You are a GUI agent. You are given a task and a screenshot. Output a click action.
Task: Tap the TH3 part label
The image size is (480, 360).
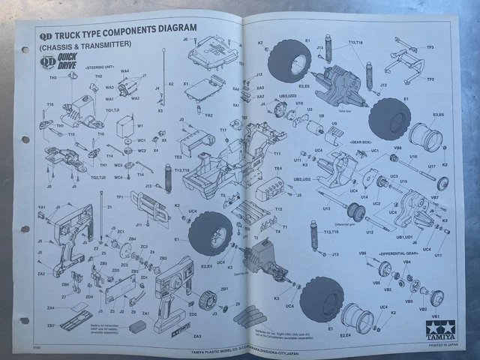(53, 77)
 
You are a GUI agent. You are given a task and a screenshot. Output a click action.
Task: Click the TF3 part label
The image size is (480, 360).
(430, 47)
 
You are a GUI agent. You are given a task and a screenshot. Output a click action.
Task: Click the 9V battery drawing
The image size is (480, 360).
(139, 328)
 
